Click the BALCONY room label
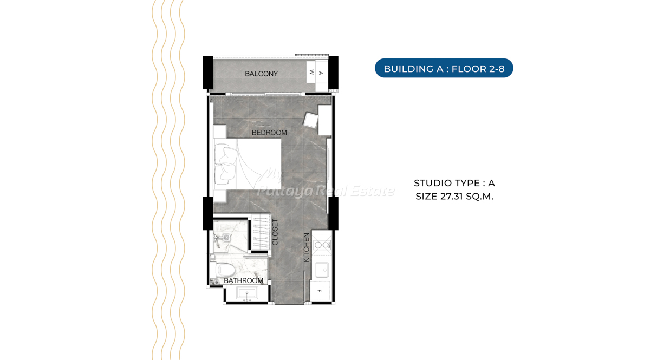(x=261, y=74)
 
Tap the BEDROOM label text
(x=269, y=133)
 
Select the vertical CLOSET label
(x=275, y=232)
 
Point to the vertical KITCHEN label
(x=307, y=248)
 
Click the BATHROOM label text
(x=243, y=280)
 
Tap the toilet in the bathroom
(x=224, y=270)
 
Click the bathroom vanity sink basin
(x=247, y=293)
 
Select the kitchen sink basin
(x=322, y=270)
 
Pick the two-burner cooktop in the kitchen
(x=322, y=245)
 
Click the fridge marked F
(x=320, y=290)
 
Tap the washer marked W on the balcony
(x=311, y=72)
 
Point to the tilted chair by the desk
(x=311, y=120)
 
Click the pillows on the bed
(x=225, y=165)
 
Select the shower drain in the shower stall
(x=226, y=238)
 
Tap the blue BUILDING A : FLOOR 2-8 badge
(x=444, y=68)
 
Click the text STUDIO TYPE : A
(x=454, y=183)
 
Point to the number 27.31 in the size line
(x=452, y=197)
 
